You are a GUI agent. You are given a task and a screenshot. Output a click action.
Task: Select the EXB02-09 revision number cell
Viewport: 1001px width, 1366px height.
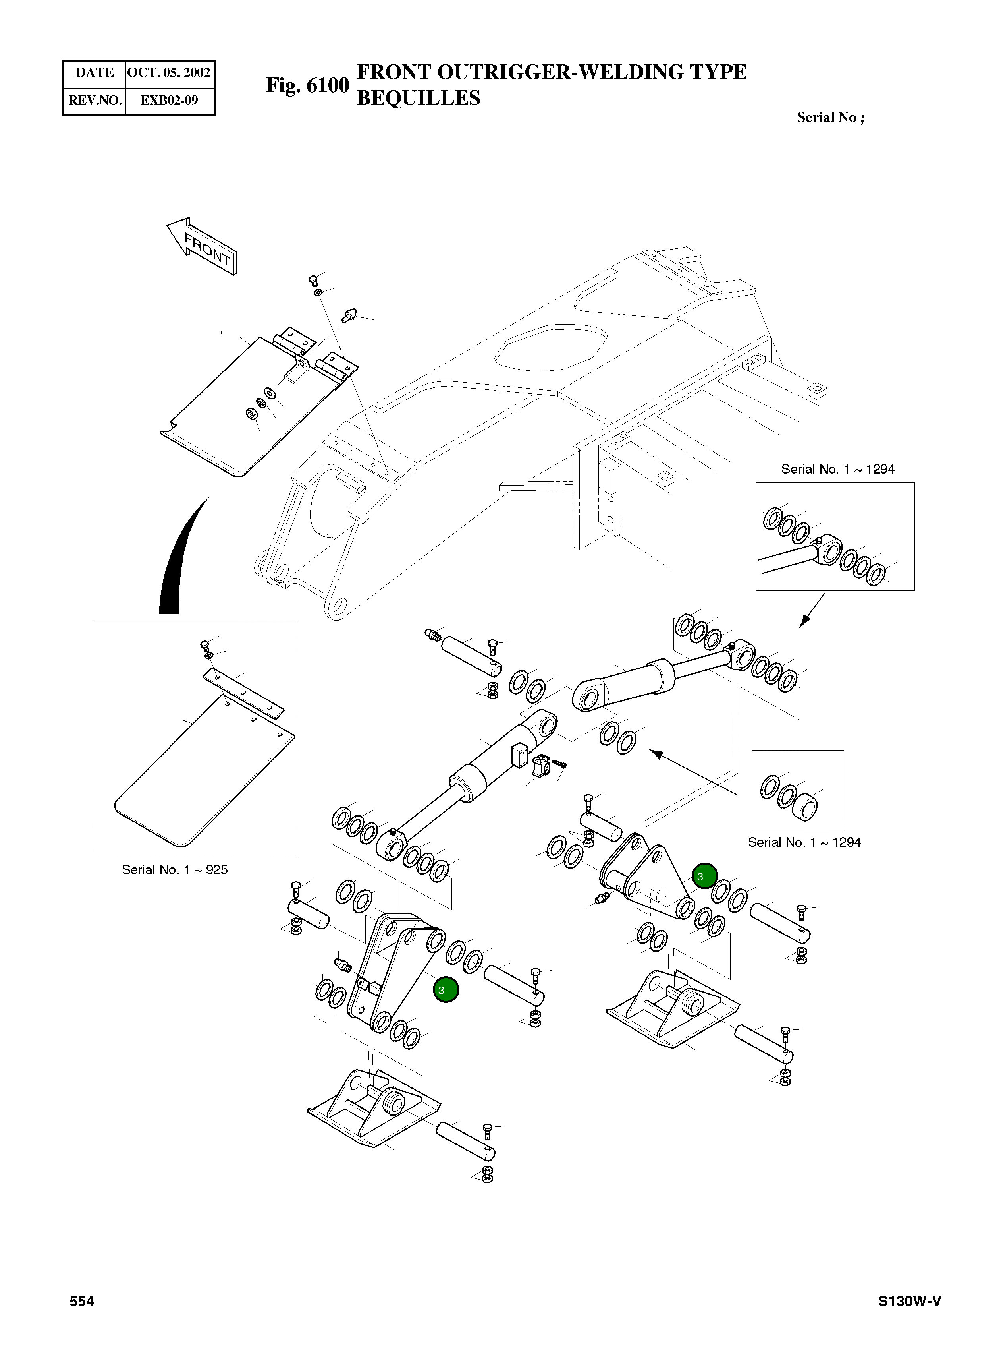tap(169, 101)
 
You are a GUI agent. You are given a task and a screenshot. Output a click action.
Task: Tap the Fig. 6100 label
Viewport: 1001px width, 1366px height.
tap(307, 85)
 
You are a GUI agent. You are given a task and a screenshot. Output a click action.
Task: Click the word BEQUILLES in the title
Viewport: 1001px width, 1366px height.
tap(418, 98)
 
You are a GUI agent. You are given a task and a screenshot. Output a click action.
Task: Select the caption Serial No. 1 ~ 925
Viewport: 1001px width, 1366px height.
tap(174, 869)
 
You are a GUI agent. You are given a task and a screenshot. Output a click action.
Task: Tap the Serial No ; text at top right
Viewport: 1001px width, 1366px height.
tap(830, 118)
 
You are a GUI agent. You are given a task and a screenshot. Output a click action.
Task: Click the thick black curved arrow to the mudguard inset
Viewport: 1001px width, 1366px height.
tap(176, 564)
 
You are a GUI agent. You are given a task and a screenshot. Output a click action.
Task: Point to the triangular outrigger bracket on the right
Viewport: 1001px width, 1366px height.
tap(648, 879)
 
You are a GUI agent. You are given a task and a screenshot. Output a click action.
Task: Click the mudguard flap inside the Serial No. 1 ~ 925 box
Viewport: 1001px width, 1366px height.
tap(203, 776)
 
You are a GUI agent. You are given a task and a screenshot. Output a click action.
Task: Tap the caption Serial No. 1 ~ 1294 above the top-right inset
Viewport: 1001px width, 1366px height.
tap(837, 469)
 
